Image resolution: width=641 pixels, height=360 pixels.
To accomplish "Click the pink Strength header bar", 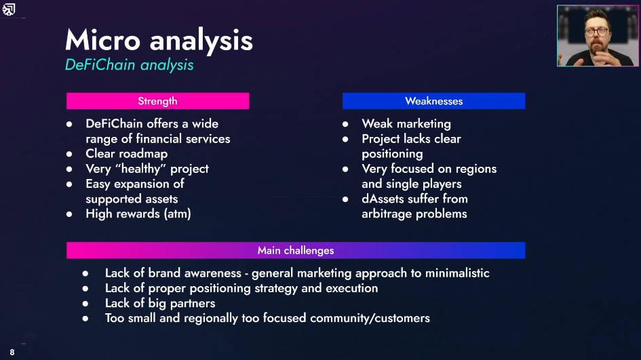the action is tap(158, 101).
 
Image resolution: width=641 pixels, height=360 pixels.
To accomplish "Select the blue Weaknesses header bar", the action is tap(433, 101).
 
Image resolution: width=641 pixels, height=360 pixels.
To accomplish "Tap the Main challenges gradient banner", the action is tap(296, 250).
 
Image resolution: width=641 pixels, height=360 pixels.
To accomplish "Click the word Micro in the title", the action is tap(102, 40).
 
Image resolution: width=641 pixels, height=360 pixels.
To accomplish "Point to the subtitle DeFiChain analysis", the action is tap(129, 65).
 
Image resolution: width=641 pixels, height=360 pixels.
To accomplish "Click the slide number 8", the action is tap(12, 353).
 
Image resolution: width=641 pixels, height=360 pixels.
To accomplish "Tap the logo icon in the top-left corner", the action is tap(9, 9).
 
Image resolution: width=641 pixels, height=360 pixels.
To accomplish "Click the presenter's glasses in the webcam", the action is tap(596, 32).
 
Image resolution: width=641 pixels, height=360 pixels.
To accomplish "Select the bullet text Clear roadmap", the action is tap(126, 154).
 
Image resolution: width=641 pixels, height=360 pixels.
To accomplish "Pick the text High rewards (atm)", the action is tap(138, 214).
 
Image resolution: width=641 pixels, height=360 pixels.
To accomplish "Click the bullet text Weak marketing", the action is tap(406, 124).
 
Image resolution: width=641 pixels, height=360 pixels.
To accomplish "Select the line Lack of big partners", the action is tap(160, 303).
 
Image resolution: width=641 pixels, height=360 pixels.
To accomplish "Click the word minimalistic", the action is tap(457, 273).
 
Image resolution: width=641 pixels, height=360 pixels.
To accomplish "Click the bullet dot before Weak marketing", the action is tap(345, 124).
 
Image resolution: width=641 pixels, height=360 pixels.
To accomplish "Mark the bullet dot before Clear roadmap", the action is tap(69, 154).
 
